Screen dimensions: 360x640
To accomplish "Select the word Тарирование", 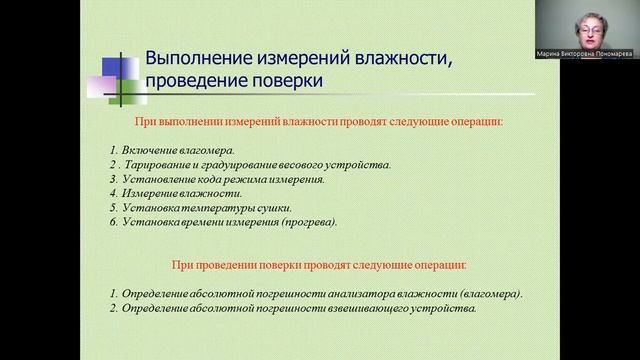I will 164,164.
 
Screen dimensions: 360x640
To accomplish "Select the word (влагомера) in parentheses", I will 489,294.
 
